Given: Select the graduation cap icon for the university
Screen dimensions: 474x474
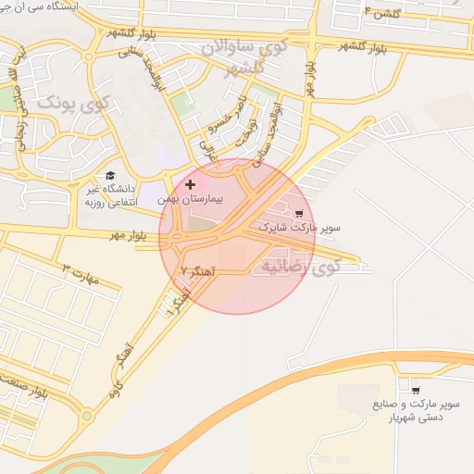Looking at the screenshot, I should tap(110, 175).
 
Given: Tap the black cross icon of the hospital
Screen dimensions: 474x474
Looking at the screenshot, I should tap(191, 184).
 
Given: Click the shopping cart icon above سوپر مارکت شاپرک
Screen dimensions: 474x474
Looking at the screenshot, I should tap(298, 212).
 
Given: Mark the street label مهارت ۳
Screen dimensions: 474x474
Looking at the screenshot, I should tap(79, 274).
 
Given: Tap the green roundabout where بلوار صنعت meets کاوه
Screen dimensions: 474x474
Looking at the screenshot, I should tap(86, 416).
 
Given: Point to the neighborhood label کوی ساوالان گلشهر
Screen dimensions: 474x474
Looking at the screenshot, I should tap(250, 56).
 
